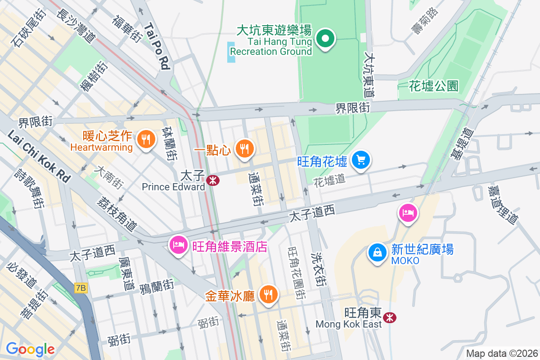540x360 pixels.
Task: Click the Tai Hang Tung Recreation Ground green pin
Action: point(325,39)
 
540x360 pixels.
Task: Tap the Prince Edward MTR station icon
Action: point(212,180)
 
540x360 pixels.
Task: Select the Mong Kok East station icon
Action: point(390,318)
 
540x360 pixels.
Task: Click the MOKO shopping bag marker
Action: point(378,252)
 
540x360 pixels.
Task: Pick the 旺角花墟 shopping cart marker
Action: point(361,160)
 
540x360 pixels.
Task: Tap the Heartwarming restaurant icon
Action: point(145,139)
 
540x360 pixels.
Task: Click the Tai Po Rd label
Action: point(157,47)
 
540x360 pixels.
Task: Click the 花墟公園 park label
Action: point(433,86)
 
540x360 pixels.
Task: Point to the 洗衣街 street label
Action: point(319,266)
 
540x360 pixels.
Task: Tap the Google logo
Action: point(30,349)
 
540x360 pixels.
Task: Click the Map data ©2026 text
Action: point(501,354)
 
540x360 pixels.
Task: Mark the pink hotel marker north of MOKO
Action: point(408,212)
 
